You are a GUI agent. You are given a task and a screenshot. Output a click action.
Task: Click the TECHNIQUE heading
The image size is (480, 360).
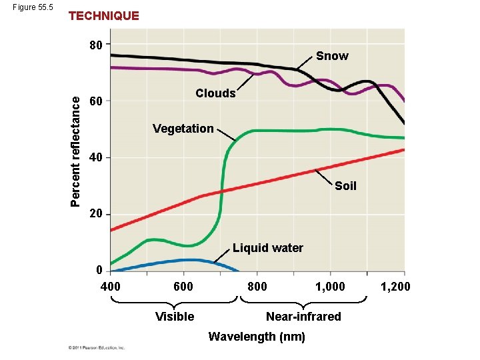pos(104,16)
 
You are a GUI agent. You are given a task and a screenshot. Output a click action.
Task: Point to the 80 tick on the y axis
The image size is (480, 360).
pos(97,46)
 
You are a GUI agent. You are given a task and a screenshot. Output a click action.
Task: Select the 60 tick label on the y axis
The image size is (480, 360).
pos(97,102)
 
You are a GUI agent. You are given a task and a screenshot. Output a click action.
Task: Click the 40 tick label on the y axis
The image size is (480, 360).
pos(97,158)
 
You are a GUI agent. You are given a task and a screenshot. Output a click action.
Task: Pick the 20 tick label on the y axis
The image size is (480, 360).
pos(97,214)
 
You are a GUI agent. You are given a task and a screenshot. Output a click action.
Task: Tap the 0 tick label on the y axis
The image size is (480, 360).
pos(99,270)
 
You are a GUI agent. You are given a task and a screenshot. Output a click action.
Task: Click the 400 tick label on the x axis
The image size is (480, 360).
pos(110,287)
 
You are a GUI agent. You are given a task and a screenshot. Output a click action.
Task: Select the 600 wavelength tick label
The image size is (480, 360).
pos(183,287)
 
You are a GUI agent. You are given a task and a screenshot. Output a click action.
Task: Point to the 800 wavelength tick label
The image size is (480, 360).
pos(257,287)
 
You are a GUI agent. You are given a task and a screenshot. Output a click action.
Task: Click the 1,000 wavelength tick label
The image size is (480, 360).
pos(330,287)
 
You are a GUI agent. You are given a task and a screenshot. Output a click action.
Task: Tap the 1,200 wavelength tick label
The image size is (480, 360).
pos(395,287)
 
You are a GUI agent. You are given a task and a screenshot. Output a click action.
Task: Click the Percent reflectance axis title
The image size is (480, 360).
pos(77,151)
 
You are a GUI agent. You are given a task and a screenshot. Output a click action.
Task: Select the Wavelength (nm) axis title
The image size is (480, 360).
pos(257,337)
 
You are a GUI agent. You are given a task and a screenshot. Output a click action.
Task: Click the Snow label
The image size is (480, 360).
pos(332,56)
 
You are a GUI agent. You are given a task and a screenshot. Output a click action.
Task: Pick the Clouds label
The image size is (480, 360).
pos(215,93)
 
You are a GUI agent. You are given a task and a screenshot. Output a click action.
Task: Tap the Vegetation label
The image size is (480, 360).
pos(183,129)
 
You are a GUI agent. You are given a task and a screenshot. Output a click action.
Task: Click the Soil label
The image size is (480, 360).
pos(345,186)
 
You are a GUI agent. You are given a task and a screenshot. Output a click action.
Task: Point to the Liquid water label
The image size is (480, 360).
pos(268,248)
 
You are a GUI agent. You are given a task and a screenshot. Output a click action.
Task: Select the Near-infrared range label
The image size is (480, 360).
pos(303,317)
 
